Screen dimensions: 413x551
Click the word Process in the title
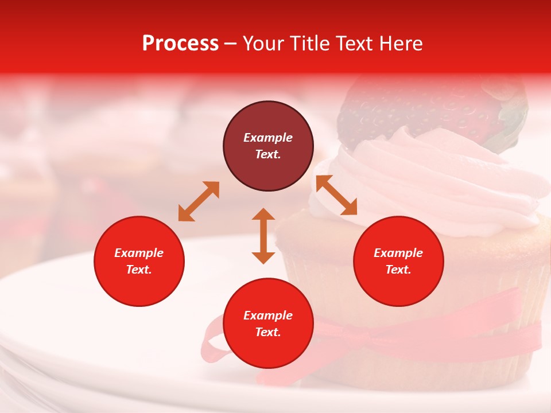click(x=180, y=44)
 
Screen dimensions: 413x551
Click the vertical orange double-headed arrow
click(x=263, y=236)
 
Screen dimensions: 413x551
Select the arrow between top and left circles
click(x=199, y=201)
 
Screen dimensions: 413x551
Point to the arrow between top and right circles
click(x=336, y=195)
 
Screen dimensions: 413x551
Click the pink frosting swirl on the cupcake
click(x=436, y=178)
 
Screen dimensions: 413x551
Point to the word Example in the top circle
click(x=268, y=138)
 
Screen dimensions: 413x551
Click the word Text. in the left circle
click(x=139, y=270)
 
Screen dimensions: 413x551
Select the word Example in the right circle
click(x=398, y=253)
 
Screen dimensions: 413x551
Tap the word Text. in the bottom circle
click(x=268, y=332)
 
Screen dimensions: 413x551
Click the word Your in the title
click(x=263, y=44)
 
